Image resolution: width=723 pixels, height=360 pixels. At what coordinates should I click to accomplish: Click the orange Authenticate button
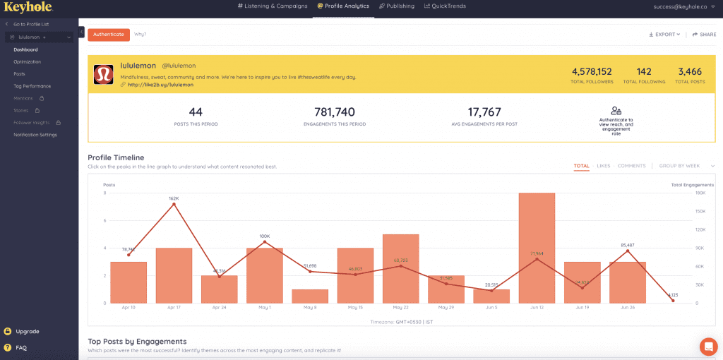(x=109, y=34)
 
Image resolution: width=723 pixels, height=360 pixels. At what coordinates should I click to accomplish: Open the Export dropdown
(x=664, y=34)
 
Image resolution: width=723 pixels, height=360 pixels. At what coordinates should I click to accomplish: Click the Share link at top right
(x=704, y=34)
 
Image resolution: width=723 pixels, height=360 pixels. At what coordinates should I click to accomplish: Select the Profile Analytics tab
(x=343, y=6)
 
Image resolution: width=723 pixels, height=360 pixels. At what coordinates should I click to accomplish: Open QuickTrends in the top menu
(x=446, y=6)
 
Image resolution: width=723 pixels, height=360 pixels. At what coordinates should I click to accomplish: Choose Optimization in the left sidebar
(x=27, y=61)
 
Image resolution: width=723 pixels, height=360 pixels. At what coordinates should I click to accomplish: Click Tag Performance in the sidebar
(x=32, y=85)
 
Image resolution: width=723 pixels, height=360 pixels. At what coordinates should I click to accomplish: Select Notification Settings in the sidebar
(x=35, y=134)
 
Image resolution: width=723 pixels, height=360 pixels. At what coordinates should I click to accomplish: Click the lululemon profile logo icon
(x=104, y=75)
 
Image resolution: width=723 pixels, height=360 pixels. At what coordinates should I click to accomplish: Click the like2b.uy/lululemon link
(x=160, y=85)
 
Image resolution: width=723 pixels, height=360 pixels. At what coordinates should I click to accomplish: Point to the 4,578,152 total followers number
(x=592, y=71)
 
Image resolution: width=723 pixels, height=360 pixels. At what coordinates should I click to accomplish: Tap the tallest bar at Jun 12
(x=537, y=248)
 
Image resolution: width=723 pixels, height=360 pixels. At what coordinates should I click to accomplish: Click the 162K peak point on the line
(x=174, y=205)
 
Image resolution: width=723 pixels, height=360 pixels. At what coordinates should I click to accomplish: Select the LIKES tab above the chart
(x=604, y=166)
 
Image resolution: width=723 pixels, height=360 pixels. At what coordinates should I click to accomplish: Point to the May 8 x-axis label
(x=310, y=308)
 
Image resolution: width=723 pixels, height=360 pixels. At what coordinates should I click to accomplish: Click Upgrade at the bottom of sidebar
(x=27, y=331)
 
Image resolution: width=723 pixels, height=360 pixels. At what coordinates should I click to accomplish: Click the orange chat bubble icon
(x=707, y=346)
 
